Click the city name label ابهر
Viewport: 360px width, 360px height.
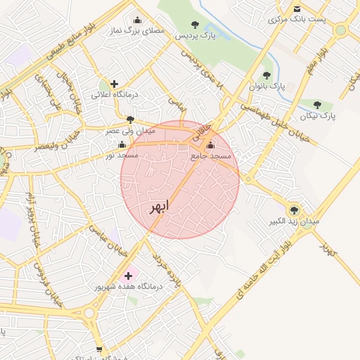pos(159,208)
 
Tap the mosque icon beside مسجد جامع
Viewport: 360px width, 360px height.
pos(211,146)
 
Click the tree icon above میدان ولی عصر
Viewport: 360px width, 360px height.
pos(130,120)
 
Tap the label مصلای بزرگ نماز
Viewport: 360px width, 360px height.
pos(136,32)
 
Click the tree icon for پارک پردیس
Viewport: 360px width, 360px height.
pos(194,25)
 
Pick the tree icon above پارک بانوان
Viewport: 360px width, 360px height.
pos(266,75)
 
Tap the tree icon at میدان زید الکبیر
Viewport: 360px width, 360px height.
pos(294,210)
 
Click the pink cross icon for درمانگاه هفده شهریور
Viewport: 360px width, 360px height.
pos(128,276)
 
